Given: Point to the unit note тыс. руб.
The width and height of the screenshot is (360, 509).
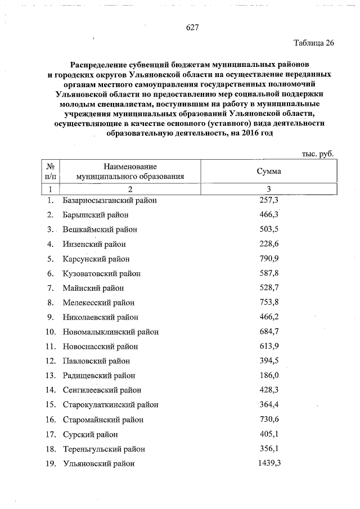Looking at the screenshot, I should click(x=318, y=153).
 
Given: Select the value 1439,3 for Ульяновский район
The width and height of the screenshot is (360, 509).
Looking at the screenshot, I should click(x=268, y=463).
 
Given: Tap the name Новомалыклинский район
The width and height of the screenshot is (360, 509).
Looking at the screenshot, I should click(x=111, y=332).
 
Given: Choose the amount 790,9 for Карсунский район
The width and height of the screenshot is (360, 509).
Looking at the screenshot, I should click(x=268, y=259).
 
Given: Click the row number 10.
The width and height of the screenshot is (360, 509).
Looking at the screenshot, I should click(x=50, y=332).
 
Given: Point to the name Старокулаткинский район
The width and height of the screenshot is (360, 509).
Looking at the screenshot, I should click(x=111, y=405).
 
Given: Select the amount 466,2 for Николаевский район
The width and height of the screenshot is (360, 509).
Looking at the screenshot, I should click(x=268, y=317).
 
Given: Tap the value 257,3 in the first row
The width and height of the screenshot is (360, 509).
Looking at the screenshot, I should click(x=268, y=200).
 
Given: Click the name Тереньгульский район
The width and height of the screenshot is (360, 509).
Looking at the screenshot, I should click(x=104, y=449).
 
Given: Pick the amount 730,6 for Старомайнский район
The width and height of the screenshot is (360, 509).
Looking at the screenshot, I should click(x=268, y=420).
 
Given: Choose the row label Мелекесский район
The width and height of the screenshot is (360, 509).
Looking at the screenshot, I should click(x=97, y=303).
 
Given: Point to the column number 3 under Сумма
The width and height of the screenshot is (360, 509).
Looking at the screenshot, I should click(x=268, y=189).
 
